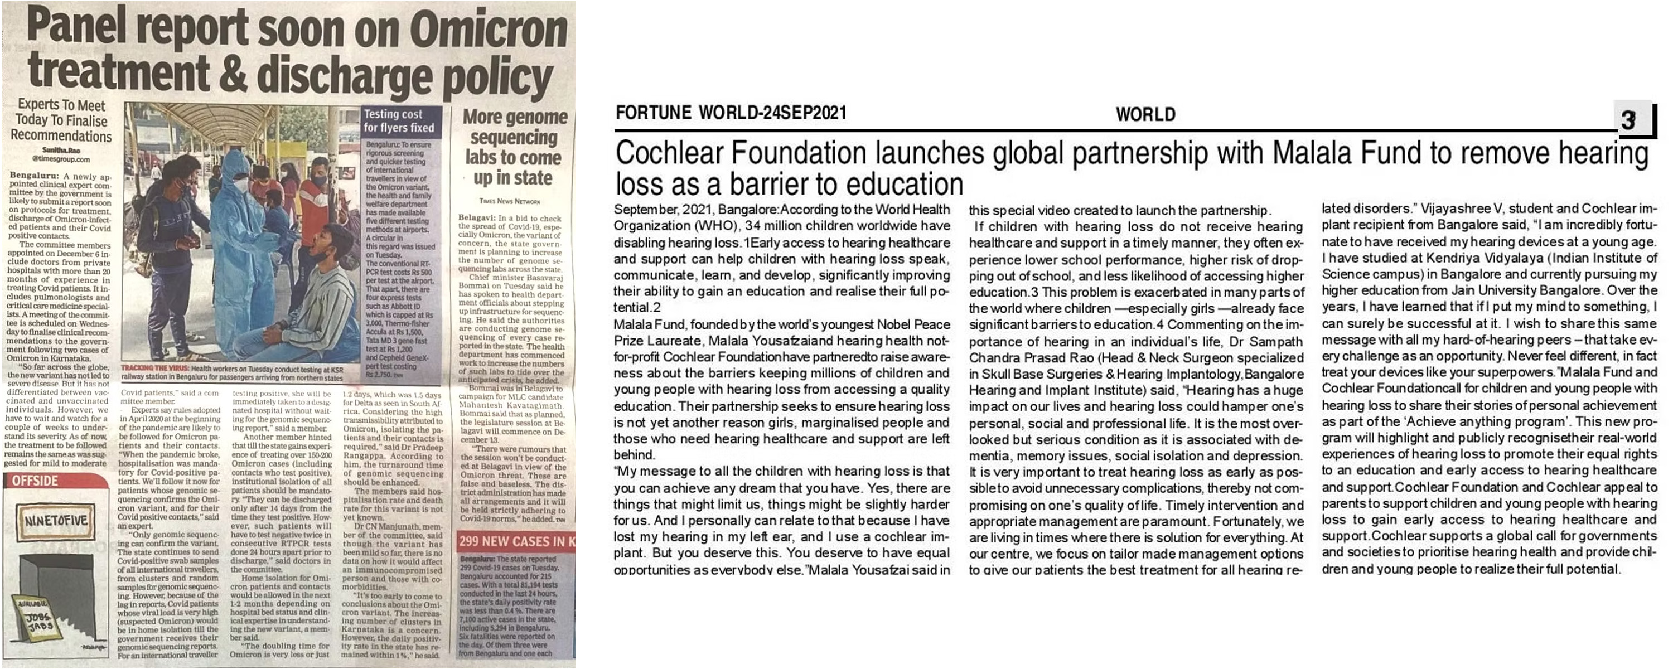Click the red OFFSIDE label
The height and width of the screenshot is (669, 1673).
[35, 481]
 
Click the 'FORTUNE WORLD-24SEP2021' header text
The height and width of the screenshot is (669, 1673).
[731, 114]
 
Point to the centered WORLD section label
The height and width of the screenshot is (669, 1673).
[1145, 115]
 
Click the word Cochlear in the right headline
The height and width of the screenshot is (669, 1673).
[670, 154]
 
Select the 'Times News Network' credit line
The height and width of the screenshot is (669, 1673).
[510, 201]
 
